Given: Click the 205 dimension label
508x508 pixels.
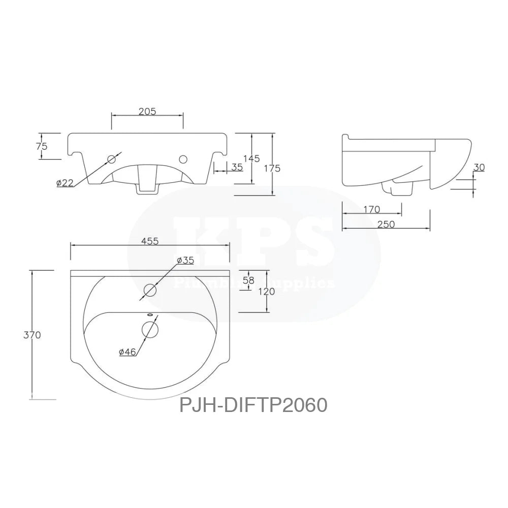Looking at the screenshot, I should point(147,111).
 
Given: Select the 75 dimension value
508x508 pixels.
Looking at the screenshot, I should point(42,146).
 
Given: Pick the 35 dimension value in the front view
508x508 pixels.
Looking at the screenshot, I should point(236,167).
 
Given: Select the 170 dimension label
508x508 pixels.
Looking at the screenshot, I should point(372,209).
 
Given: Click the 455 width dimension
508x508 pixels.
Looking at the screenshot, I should point(150,241).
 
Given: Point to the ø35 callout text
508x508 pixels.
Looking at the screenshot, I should point(185,260).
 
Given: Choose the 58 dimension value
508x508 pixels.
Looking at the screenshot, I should point(248,280).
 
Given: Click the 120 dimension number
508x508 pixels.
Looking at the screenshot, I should point(267,291).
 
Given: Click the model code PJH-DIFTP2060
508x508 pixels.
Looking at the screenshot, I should point(253,405).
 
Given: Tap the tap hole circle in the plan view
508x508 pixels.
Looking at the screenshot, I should point(150,291).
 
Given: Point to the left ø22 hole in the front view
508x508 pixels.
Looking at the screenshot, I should point(112,160).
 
